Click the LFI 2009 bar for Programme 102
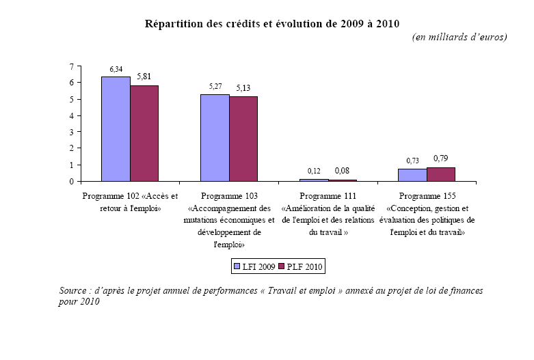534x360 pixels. click(116, 129)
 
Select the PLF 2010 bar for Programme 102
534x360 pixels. click(144, 133)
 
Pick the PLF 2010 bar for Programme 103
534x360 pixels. click(243, 139)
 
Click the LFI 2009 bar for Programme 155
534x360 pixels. click(412, 176)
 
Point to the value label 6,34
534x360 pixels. click(116, 70)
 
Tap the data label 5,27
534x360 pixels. click(215, 87)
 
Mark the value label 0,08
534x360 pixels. click(342, 170)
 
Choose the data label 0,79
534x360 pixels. click(441, 158)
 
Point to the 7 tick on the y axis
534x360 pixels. click(72, 66)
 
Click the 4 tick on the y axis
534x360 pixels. click(72, 115)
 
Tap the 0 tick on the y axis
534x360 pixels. click(72, 182)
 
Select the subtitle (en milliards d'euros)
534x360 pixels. click(459, 37)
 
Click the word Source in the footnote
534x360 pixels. click(75, 291)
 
